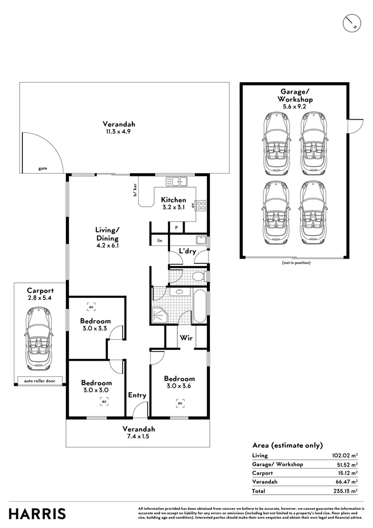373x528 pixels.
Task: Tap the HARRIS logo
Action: pyautogui.click(x=37, y=514)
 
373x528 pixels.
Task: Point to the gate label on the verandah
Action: pyautogui.click(x=43, y=168)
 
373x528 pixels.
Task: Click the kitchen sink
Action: pyautogui.click(x=177, y=182)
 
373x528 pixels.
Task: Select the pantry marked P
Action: pyautogui.click(x=177, y=228)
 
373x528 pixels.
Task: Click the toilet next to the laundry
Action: pyautogui.click(x=199, y=277)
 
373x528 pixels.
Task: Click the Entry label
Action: pyautogui.click(x=137, y=395)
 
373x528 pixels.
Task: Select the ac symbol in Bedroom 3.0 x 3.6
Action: pyautogui.click(x=180, y=403)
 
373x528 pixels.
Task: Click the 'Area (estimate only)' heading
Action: pyautogui.click(x=287, y=445)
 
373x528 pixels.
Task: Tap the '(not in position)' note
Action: pyautogui.click(x=296, y=263)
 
